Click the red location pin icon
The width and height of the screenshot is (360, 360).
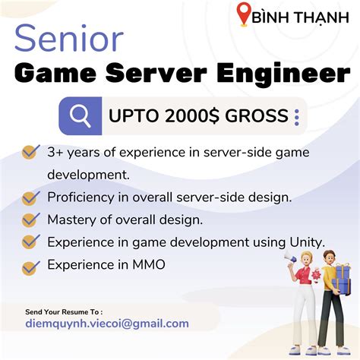244,14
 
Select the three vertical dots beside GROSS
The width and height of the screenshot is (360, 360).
296,117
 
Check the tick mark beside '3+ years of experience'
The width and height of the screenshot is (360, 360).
30,152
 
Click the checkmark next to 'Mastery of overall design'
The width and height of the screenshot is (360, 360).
30,220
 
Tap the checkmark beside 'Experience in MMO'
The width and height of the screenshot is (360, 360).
30,267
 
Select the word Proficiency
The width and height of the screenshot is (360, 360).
82,197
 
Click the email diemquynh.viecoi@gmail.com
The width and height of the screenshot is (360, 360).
107,324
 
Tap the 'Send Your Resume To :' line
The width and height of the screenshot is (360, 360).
64,311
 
